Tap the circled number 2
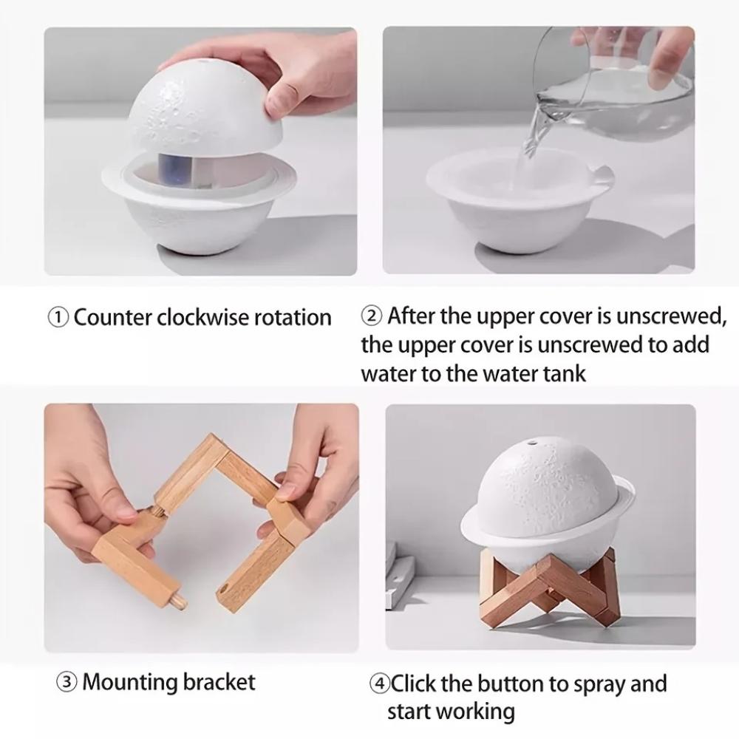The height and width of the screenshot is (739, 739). point(372,316)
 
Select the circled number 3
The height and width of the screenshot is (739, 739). point(67,682)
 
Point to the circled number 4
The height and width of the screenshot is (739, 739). point(379,684)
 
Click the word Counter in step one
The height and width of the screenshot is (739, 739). point(113,317)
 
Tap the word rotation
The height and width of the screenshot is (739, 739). point(293,317)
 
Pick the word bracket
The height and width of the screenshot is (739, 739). point(219,682)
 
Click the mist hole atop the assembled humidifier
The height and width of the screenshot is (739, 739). point(532,443)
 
